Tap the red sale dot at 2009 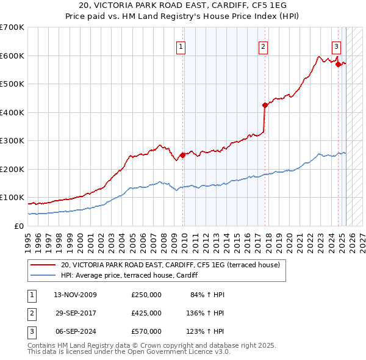tap(182, 155)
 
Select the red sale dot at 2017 tap(265, 105)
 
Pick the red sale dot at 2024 tap(337, 63)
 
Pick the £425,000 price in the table tap(146, 313)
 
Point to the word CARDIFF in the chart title tap(228, 8)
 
